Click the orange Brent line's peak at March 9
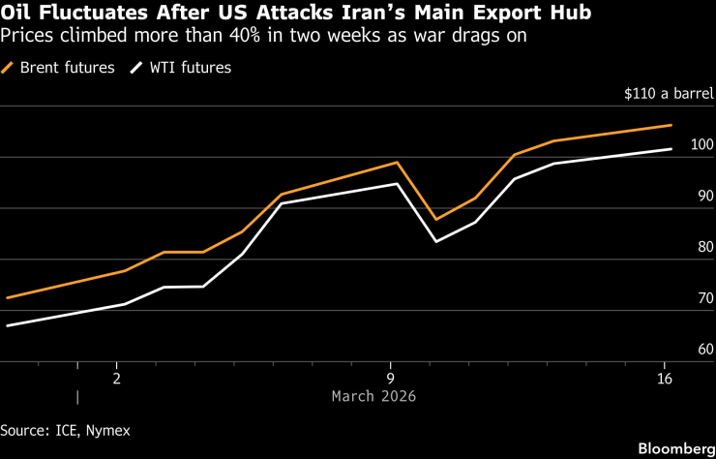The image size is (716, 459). pos(397,162)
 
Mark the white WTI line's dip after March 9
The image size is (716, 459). pos(436,241)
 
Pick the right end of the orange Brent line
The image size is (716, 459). pos(671,125)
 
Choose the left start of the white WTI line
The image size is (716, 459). pos(7,326)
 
